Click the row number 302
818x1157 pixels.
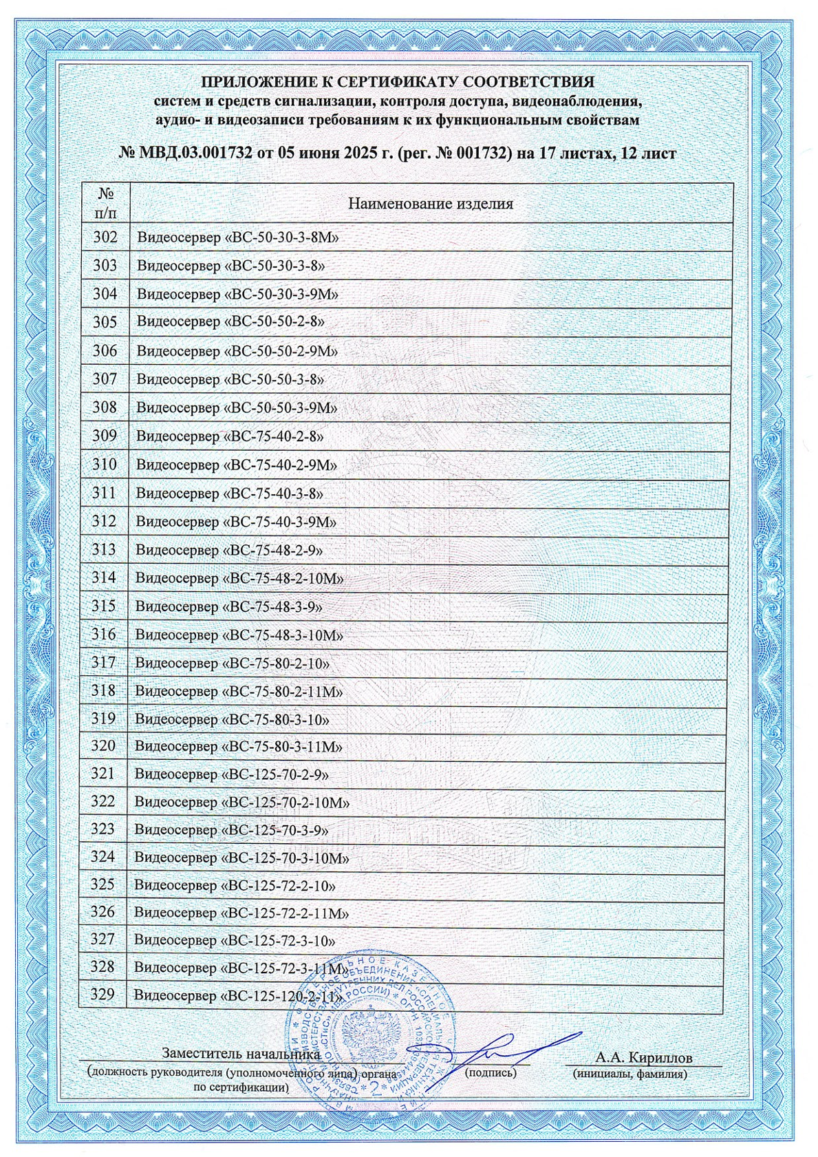point(105,237)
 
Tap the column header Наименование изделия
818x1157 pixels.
point(430,203)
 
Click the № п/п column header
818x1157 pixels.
point(106,202)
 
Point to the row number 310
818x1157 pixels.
point(104,465)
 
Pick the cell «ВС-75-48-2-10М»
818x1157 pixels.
point(239,578)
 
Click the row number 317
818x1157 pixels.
point(103,663)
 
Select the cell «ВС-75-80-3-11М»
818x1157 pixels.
point(239,747)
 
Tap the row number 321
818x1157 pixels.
point(103,774)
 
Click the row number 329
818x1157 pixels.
point(102,995)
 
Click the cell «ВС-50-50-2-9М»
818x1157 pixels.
point(237,351)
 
